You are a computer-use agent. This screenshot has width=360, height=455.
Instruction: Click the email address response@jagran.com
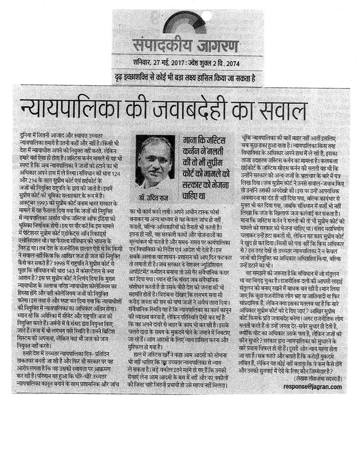[x=312, y=387]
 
